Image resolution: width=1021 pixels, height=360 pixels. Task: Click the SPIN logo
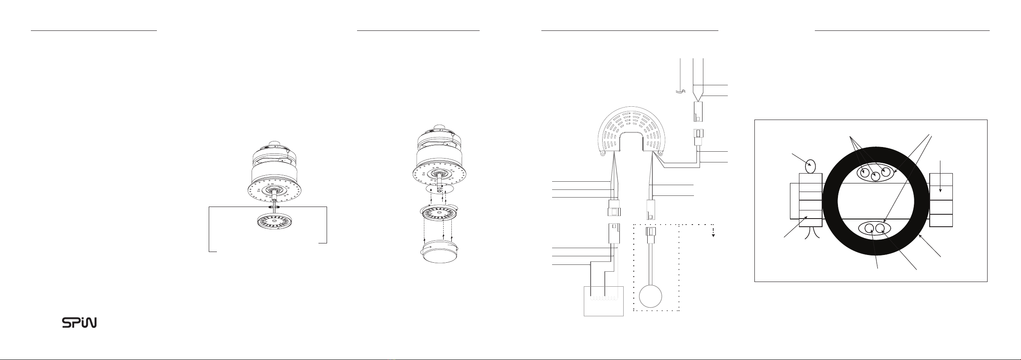(x=79, y=323)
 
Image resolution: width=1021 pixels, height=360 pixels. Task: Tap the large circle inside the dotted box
(x=650, y=297)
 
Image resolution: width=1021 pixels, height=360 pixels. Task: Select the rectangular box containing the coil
(x=604, y=301)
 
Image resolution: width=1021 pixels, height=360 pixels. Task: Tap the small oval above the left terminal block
(x=811, y=165)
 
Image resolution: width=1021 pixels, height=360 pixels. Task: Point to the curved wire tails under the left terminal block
(x=811, y=234)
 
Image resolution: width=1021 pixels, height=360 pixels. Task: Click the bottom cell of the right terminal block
(x=941, y=220)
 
